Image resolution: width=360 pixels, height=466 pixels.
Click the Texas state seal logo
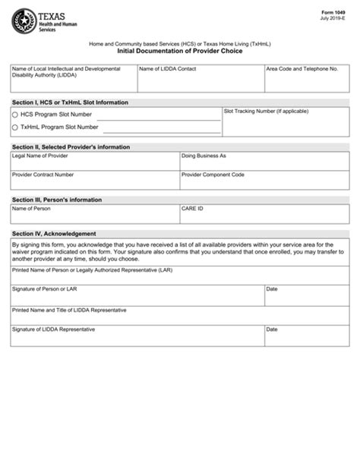tap(24, 20)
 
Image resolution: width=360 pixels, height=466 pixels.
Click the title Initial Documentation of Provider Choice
tap(180, 53)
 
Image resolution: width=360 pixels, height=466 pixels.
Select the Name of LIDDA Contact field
tap(201, 82)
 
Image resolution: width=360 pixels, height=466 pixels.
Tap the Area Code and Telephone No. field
tap(306, 82)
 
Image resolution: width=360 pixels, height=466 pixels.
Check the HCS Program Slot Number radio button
tap(15, 115)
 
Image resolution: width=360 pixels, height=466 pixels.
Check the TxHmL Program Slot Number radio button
tap(15, 128)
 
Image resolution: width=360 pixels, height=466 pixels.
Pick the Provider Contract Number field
tap(95, 182)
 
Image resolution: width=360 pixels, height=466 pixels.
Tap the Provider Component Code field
tap(264, 182)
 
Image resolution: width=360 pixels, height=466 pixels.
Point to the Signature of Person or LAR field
tap(137, 297)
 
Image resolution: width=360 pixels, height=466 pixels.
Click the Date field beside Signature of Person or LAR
tap(307, 297)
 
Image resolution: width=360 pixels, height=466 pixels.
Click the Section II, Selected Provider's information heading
tap(71, 146)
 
